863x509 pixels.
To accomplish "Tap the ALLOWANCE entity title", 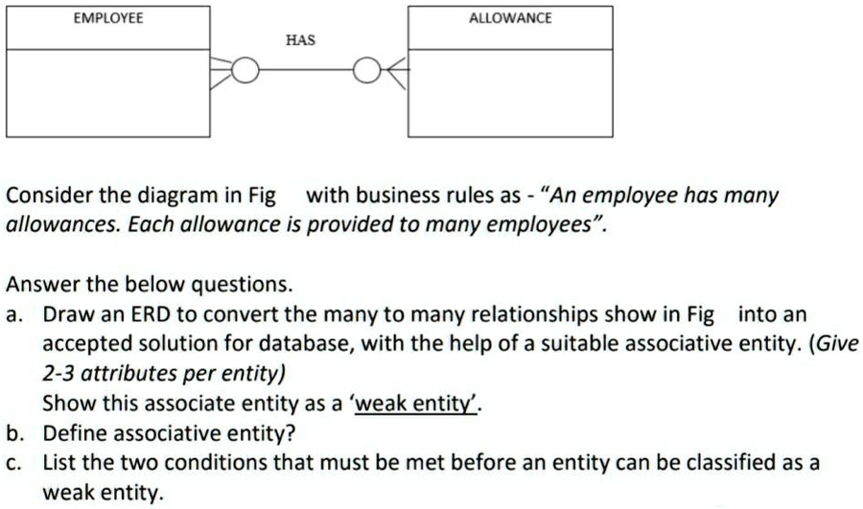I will pos(510,18).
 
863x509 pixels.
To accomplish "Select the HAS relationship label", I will pos(300,41).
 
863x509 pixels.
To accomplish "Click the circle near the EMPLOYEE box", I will pos(245,71).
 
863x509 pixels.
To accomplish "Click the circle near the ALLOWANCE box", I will pos(365,71).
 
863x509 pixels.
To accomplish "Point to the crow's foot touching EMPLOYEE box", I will pos(220,71).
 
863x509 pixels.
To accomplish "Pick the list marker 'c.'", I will pos(13,463).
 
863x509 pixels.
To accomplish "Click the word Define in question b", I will pos(72,432).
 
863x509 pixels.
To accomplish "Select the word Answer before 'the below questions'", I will pos(40,285).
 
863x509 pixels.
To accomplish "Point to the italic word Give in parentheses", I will pos(836,344).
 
